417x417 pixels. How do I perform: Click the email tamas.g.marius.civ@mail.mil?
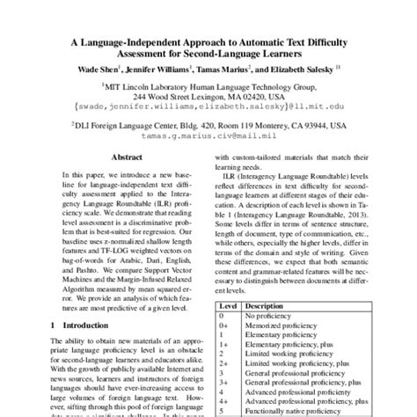coord(208,135)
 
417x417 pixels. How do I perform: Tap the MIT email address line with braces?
coord(208,105)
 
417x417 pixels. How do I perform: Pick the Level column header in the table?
coord(227,304)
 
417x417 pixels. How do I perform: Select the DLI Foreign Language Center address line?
coord(208,125)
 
